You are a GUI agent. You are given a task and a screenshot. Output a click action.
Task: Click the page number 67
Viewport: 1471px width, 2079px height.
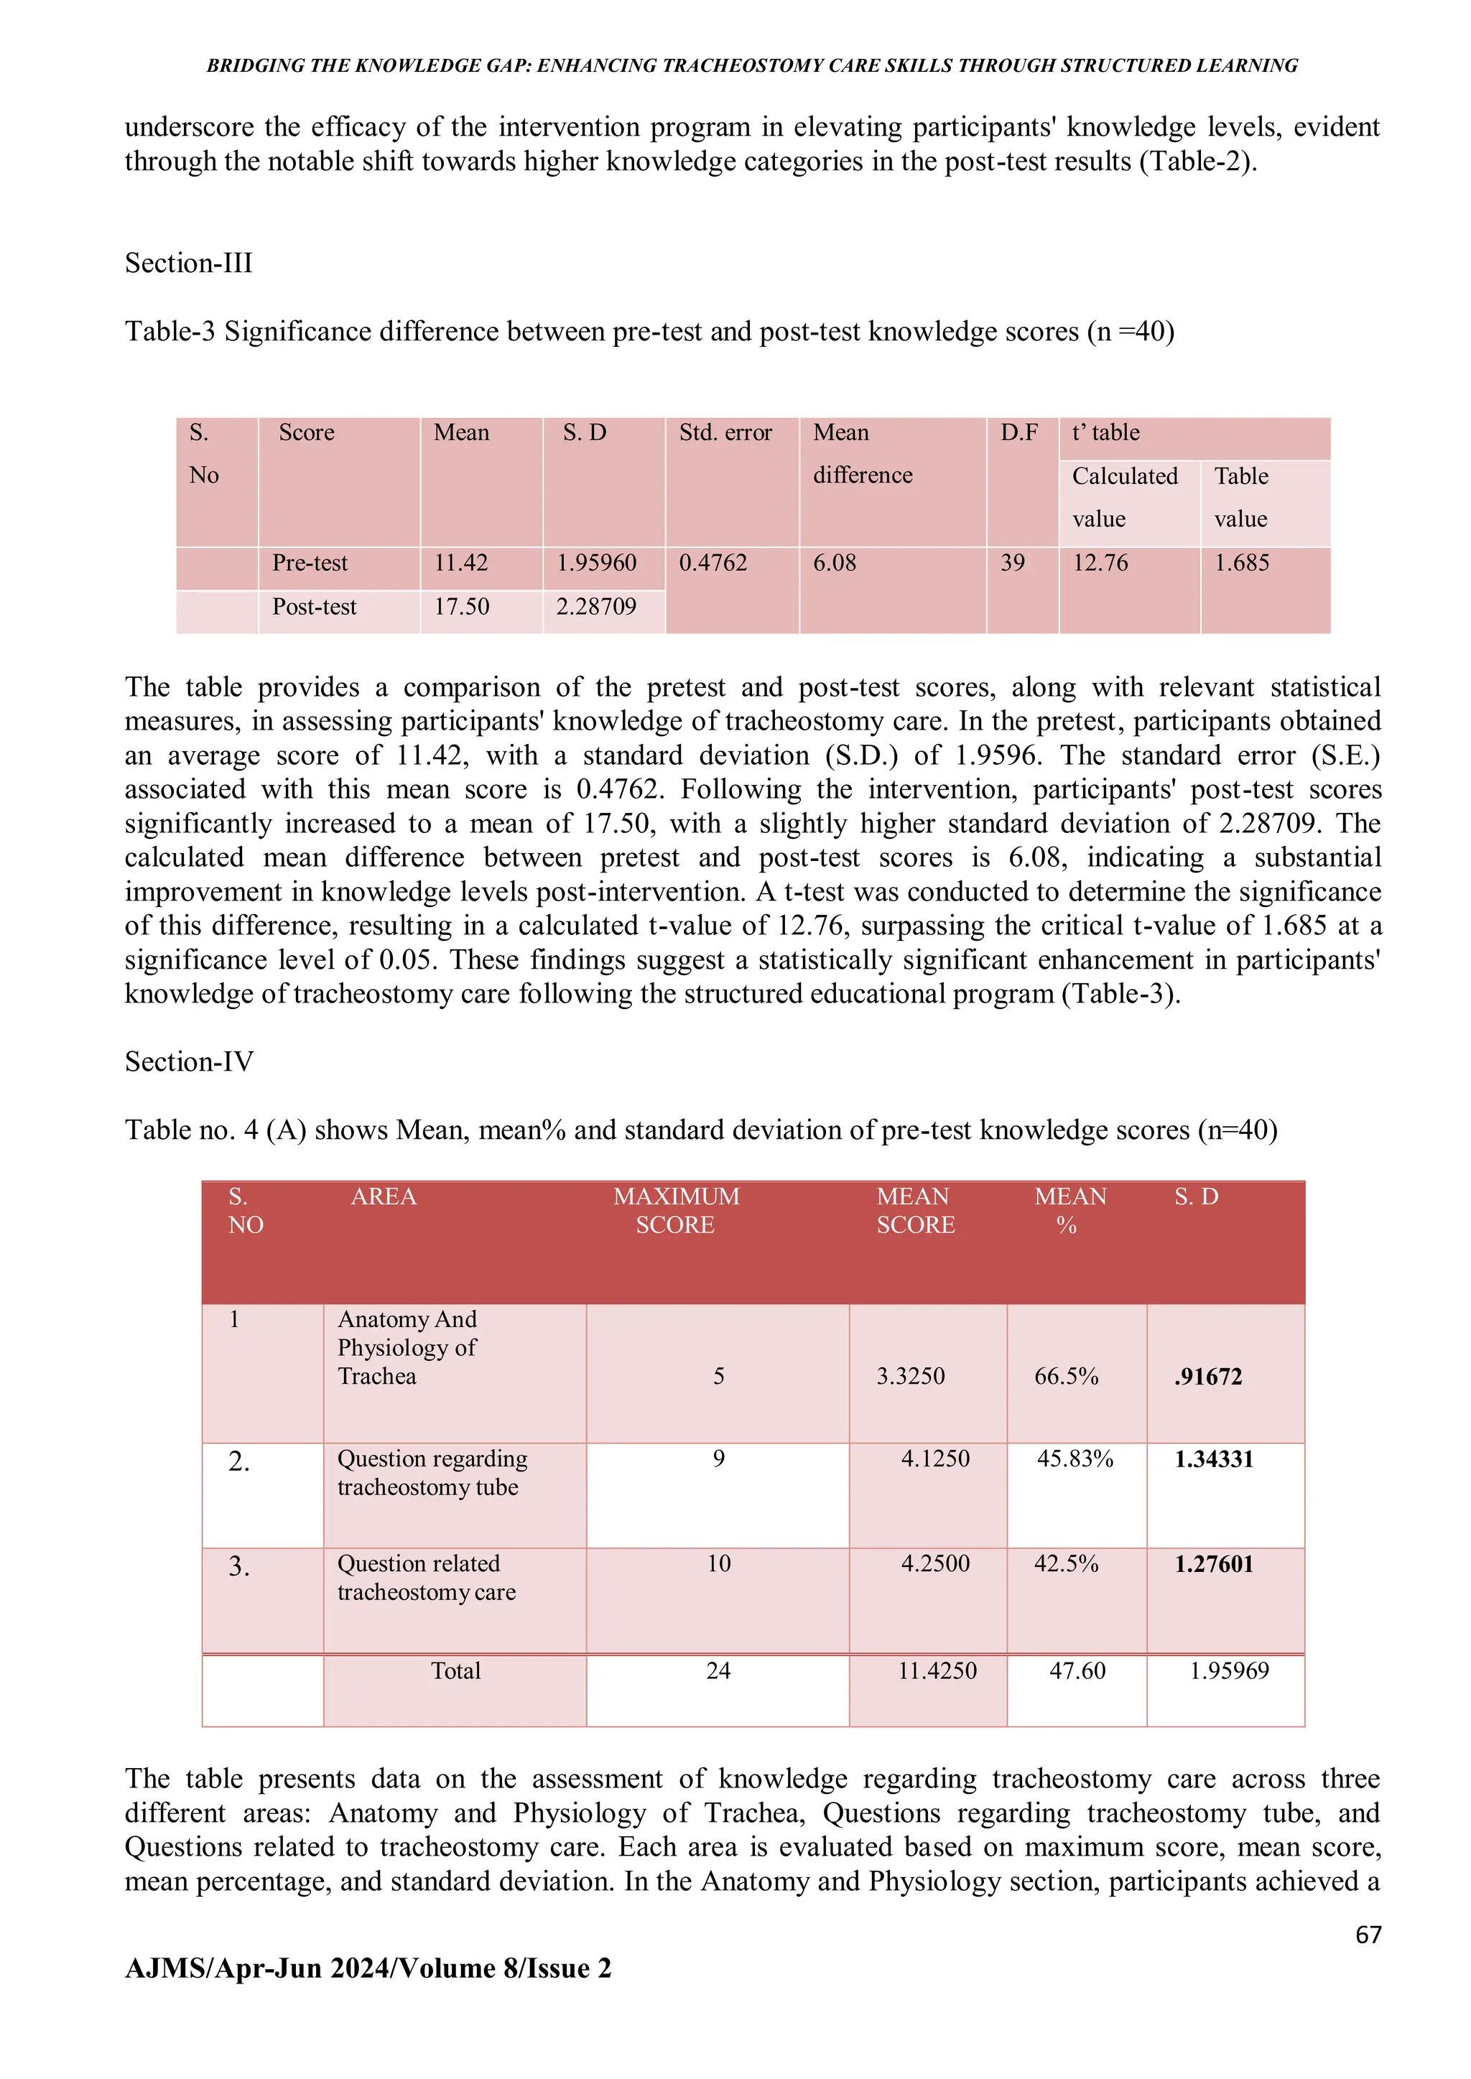click(x=1368, y=1935)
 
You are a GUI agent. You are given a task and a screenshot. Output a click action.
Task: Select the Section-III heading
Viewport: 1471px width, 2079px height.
click(x=188, y=264)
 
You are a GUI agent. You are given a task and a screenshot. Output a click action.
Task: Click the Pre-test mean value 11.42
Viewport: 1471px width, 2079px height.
click(x=460, y=563)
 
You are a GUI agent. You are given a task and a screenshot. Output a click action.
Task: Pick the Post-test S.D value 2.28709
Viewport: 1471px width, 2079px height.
click(x=595, y=607)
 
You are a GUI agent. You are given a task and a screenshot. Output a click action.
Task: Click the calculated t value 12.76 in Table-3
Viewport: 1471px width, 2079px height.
click(x=1100, y=563)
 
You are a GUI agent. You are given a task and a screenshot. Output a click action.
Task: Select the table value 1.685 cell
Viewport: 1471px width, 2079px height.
click(x=1241, y=563)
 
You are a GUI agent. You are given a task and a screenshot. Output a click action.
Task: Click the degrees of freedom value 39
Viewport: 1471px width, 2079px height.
click(x=1012, y=563)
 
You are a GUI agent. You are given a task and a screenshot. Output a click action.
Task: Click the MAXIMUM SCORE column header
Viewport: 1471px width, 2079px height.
click(x=676, y=1211)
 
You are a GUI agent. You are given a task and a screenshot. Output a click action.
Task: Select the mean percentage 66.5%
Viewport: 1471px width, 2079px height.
click(x=1066, y=1377)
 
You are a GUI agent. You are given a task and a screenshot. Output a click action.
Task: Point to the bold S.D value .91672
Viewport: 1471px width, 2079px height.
click(x=1207, y=1377)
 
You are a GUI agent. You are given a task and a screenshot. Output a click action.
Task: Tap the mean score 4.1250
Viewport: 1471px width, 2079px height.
click(x=934, y=1459)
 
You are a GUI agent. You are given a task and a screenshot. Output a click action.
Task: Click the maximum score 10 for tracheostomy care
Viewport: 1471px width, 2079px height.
click(x=718, y=1564)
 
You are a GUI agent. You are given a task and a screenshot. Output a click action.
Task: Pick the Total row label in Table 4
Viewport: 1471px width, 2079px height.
click(x=455, y=1670)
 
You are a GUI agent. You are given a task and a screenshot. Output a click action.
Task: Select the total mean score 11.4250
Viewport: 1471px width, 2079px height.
click(x=937, y=1670)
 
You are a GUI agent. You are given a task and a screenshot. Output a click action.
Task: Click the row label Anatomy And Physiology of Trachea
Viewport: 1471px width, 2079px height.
click(x=407, y=1347)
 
